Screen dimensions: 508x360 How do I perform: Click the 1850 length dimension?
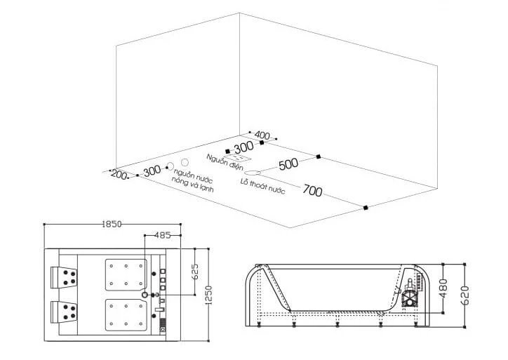coord(112,224)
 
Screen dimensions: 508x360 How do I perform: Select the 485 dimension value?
coord(162,235)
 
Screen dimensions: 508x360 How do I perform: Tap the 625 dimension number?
coord(195,272)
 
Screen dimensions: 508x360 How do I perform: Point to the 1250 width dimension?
coord(208,295)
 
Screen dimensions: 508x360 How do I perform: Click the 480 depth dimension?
coord(443,288)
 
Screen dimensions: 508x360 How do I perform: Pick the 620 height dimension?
coord(464,295)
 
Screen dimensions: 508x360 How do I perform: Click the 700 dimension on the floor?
coord(312,190)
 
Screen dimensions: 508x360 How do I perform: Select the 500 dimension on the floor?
coord(288,164)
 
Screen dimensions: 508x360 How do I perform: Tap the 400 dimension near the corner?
coord(262,135)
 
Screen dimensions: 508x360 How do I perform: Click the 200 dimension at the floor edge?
coord(119,175)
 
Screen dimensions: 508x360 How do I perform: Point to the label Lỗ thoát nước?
coord(262,187)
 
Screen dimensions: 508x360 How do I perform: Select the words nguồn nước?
coord(193,175)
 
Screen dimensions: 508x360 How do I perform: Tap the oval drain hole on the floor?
coord(253,173)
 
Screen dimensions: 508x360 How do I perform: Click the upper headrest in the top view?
coord(64,277)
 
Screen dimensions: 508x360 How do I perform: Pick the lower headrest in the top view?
coord(64,312)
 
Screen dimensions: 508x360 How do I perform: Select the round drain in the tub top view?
coord(145,295)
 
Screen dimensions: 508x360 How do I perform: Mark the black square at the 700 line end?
coord(366,208)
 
